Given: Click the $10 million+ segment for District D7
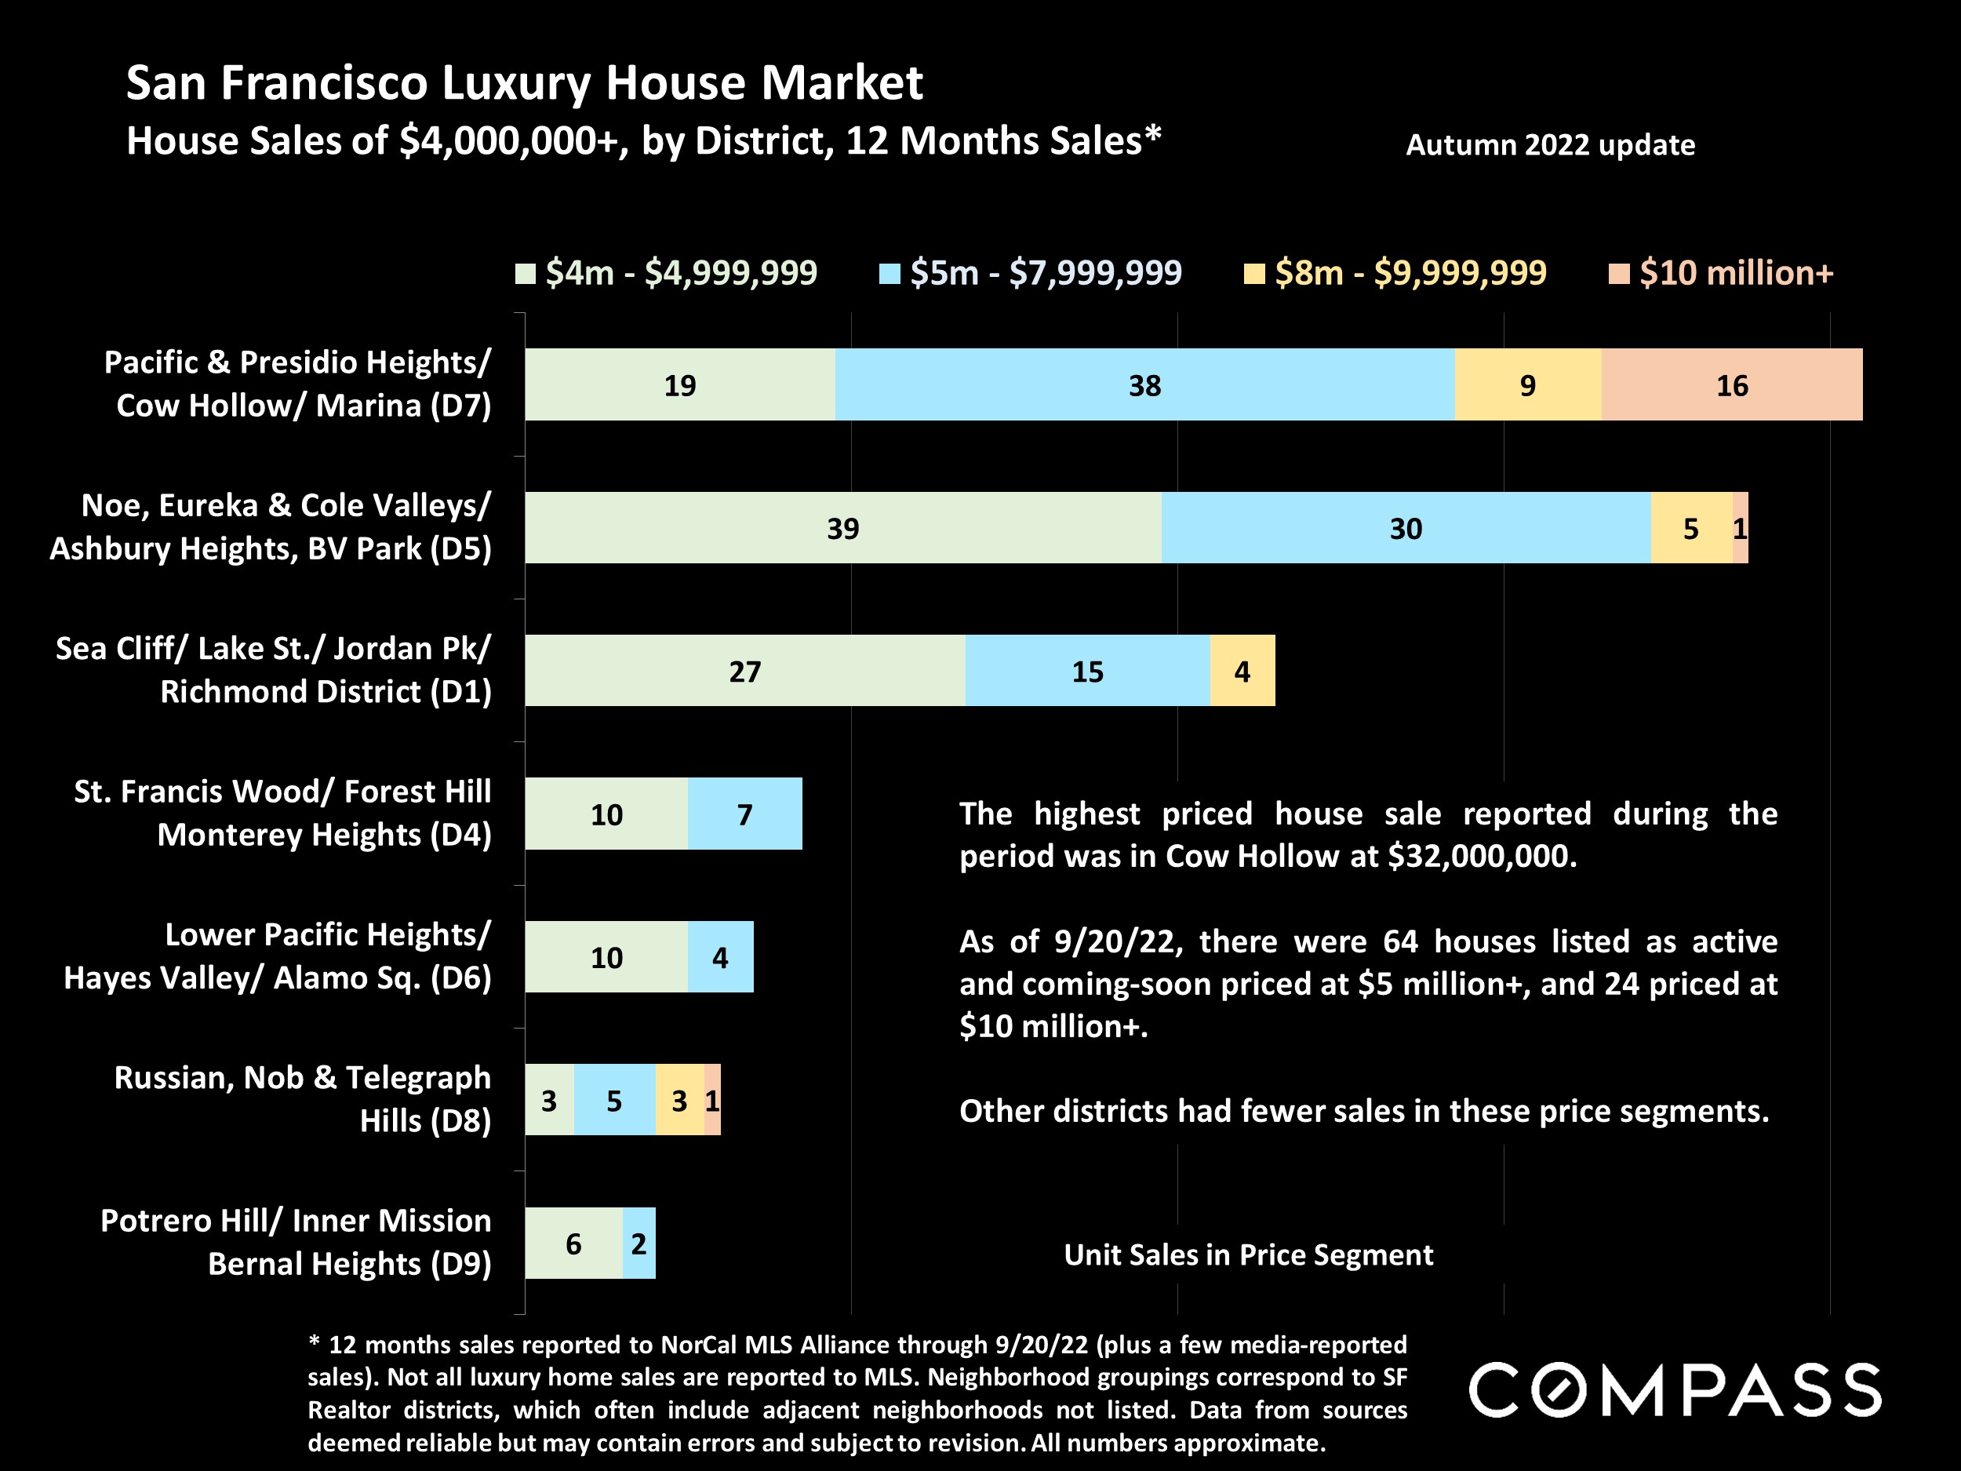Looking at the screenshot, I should click(1731, 385).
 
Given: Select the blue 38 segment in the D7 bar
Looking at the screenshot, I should click(1144, 385).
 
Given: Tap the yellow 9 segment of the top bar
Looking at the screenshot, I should click(1527, 385).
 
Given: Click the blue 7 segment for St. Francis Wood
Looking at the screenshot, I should click(744, 814).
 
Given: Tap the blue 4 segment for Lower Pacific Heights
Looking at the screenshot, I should click(720, 956).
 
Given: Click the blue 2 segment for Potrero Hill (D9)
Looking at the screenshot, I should click(639, 1243).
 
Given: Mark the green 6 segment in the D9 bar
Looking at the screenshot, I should click(573, 1243).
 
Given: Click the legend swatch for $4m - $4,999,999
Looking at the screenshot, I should click(525, 273).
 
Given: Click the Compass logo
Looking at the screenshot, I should click(1675, 1390).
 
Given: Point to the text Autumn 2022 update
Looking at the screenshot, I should click(1550, 144).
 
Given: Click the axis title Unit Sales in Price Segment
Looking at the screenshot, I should click(1248, 1254).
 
